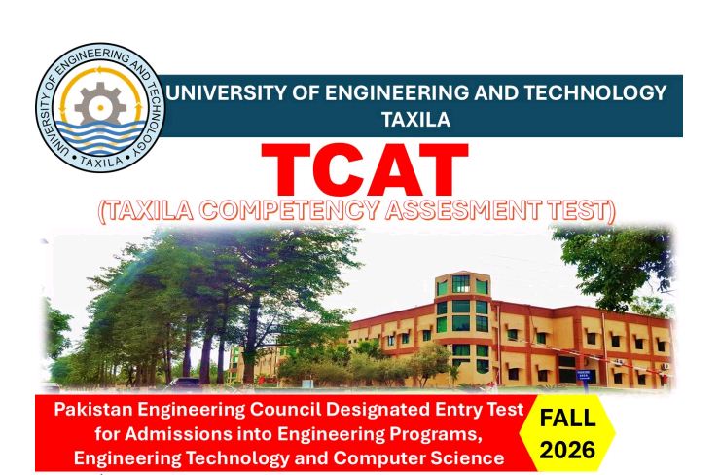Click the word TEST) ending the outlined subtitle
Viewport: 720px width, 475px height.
(585, 209)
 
